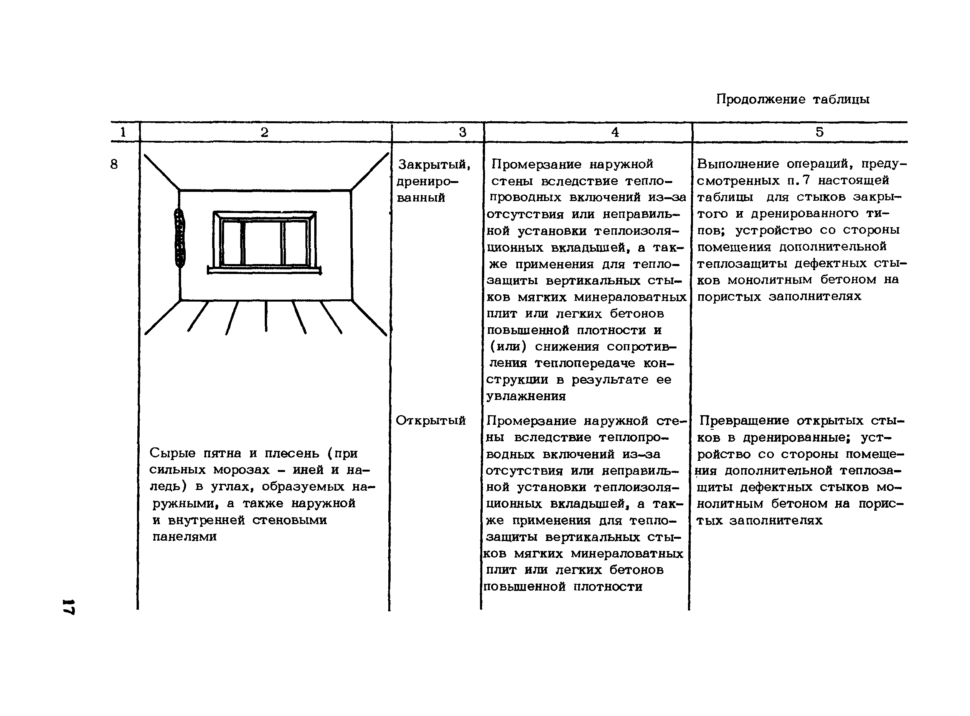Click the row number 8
coord(114,164)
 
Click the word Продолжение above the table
coord(760,100)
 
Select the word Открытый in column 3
coord(431,421)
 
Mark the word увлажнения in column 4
coord(526,396)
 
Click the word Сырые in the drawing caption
coord(173,453)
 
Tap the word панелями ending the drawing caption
coord(184,536)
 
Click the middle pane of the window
coord(263,243)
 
